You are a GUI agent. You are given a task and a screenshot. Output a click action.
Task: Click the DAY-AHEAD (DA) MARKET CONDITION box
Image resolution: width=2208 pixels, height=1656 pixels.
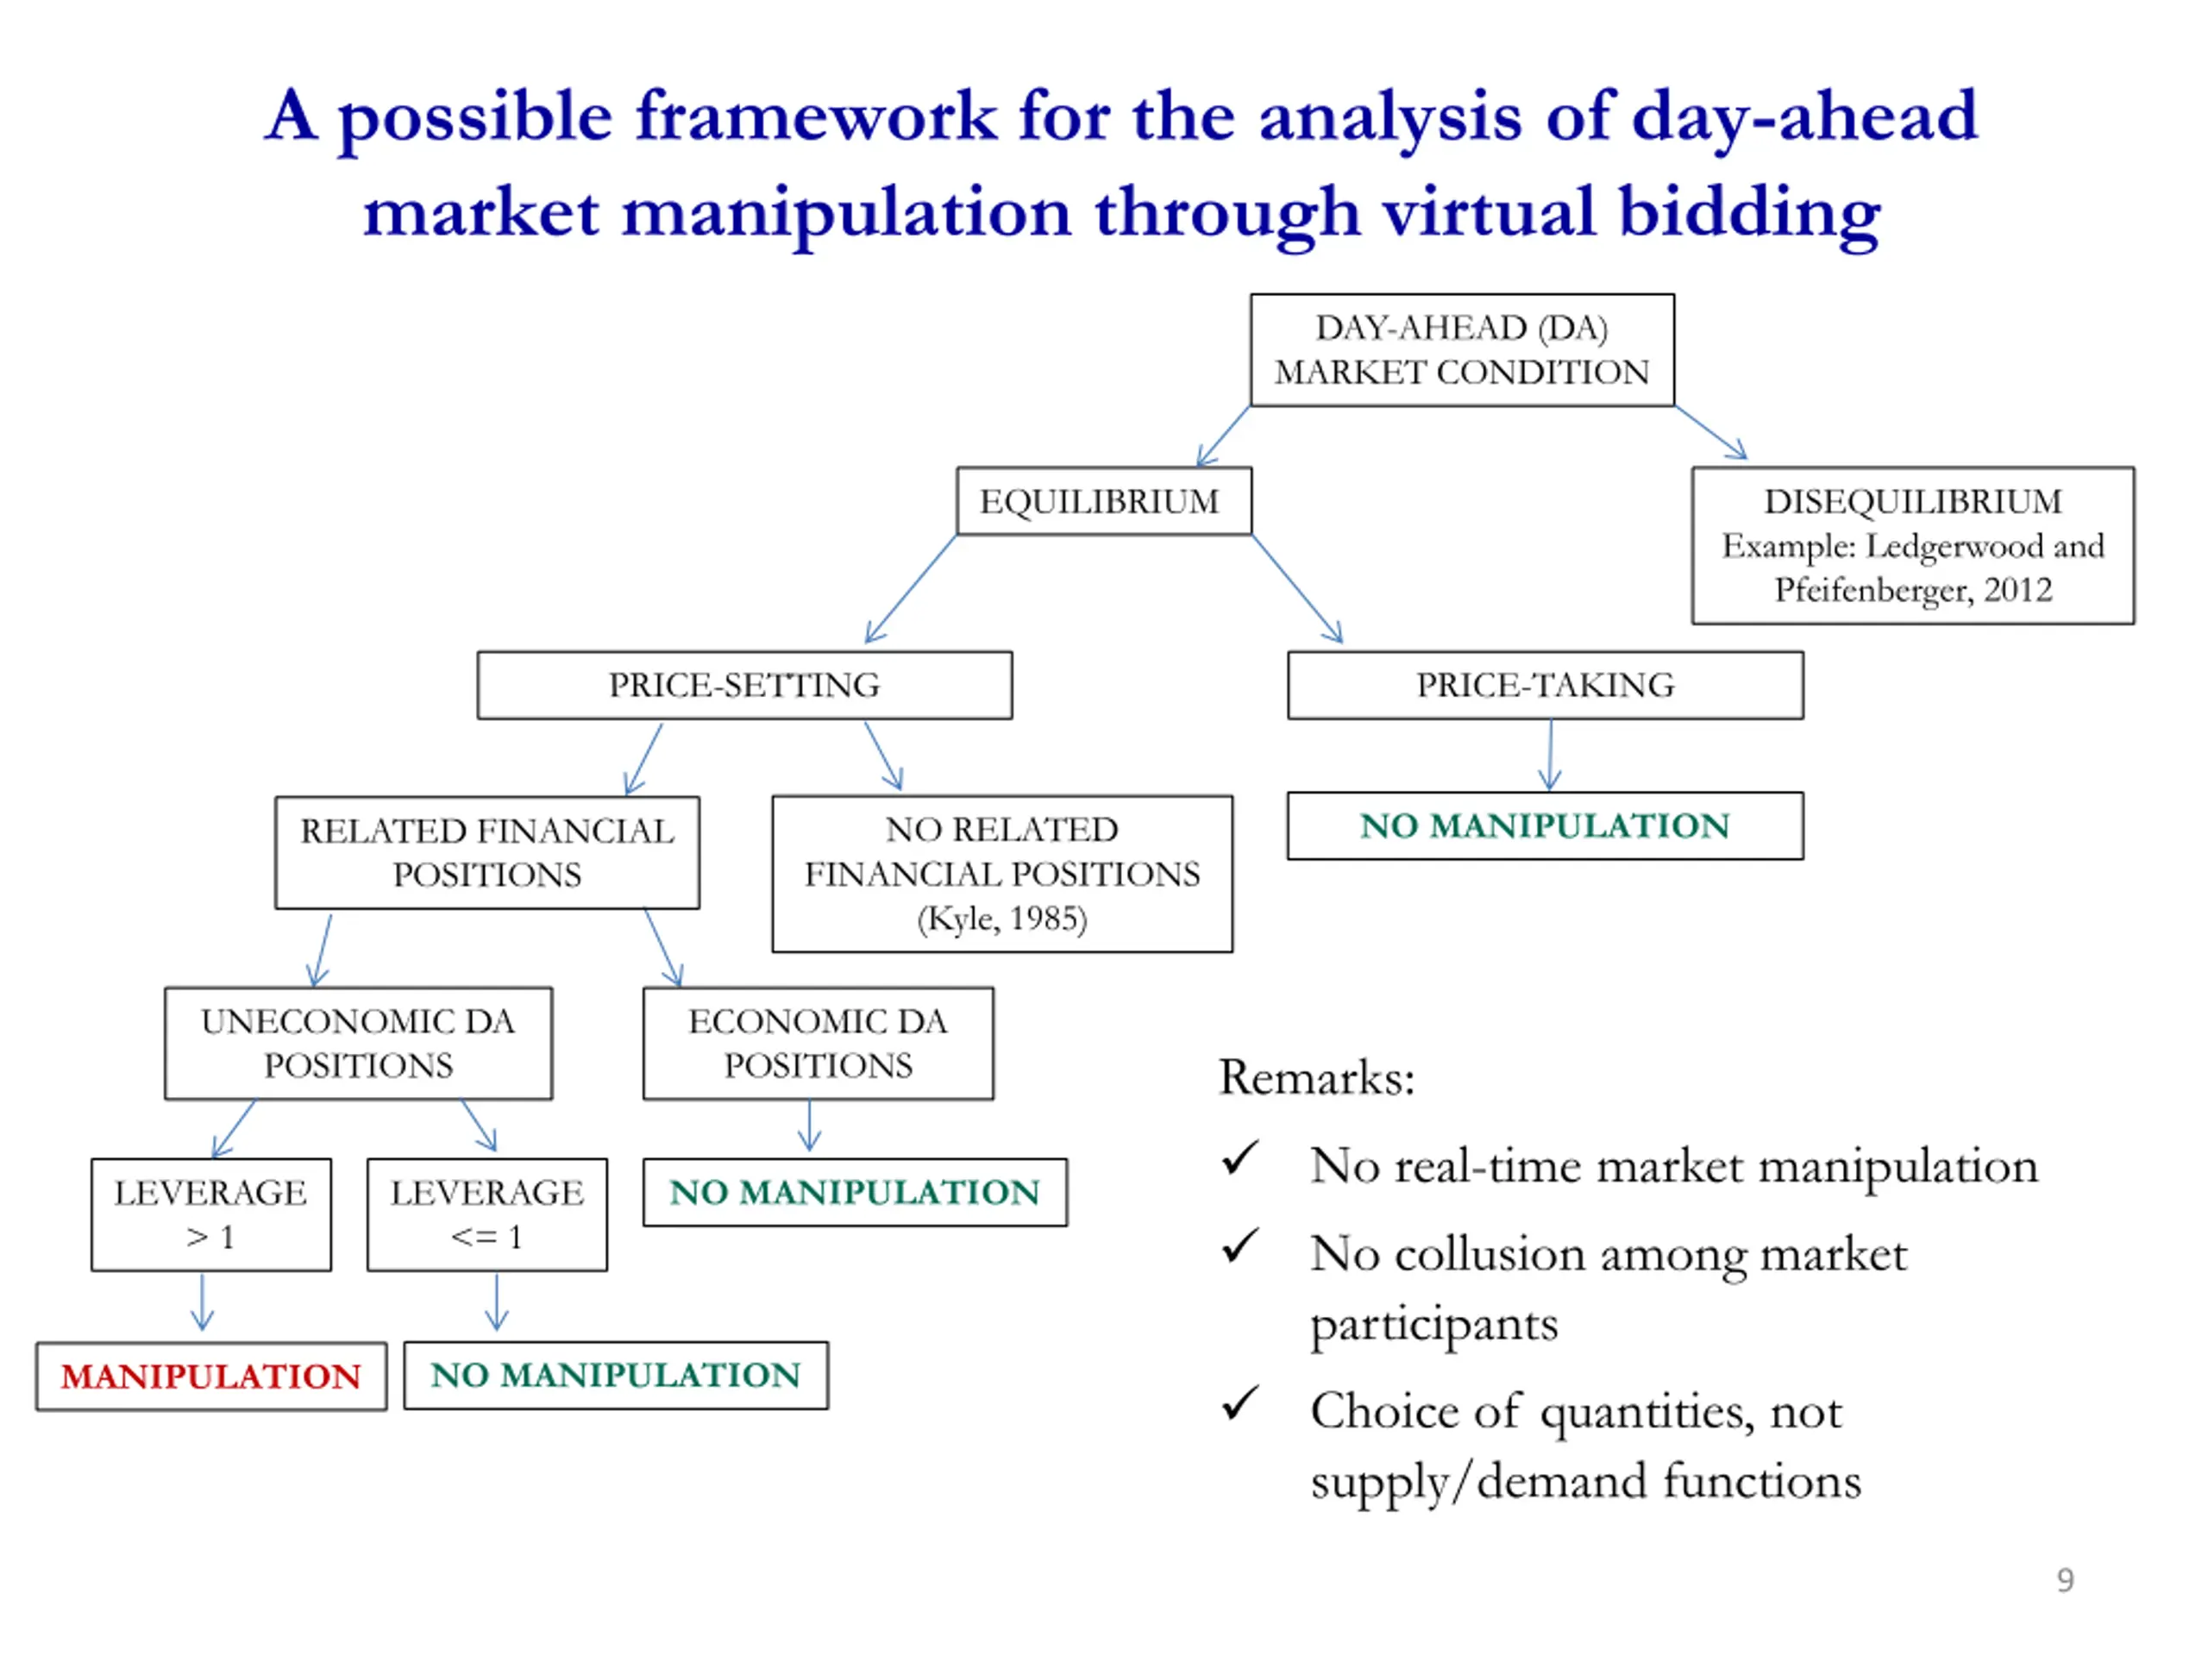(1461, 350)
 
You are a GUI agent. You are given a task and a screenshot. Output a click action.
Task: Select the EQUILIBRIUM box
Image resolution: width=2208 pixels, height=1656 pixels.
(1104, 501)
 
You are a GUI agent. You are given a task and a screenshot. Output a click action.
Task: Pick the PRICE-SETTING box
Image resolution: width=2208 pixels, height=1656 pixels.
(744, 685)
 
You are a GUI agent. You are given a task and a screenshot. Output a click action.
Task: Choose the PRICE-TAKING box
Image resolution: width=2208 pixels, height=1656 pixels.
(1546, 685)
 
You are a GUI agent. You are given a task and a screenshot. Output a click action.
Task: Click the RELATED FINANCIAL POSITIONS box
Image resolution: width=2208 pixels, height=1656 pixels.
(487, 852)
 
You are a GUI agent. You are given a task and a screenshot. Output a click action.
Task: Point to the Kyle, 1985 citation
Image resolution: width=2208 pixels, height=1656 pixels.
(1002, 919)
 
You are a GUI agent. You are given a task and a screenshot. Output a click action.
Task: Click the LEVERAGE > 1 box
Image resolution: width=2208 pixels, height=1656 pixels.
(210, 1214)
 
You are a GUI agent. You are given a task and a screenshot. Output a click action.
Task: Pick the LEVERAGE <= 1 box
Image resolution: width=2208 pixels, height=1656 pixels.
(487, 1214)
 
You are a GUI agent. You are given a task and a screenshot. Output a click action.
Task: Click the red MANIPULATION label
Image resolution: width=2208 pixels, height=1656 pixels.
(210, 1377)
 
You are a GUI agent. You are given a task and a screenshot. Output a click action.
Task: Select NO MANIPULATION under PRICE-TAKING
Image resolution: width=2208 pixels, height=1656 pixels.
(1546, 825)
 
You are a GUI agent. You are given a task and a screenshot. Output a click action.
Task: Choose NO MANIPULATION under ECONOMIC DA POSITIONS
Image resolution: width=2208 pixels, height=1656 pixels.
(855, 1192)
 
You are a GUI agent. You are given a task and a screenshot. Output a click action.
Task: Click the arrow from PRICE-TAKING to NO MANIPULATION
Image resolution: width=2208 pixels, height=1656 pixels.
(1550, 755)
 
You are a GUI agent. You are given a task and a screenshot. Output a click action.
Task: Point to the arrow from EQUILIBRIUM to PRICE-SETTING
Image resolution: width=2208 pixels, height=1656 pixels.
(910, 589)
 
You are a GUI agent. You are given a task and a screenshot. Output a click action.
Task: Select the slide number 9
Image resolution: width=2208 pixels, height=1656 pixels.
(2066, 1580)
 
